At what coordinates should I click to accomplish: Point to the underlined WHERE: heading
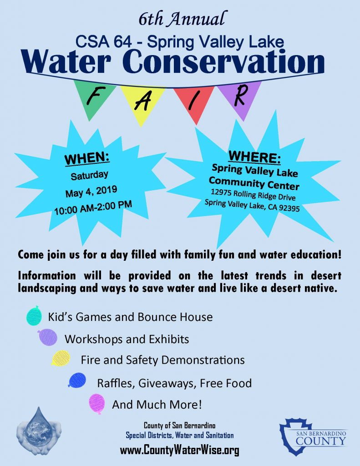point(254,157)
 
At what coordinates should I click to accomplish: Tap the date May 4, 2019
point(91,192)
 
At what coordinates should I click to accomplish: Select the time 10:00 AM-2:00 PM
point(93,208)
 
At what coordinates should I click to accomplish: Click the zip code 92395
point(289,208)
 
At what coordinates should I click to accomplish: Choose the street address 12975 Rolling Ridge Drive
point(254,194)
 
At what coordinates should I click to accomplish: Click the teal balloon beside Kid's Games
point(34,316)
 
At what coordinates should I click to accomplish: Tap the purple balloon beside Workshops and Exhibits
point(48,337)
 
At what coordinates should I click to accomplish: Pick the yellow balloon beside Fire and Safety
point(61,358)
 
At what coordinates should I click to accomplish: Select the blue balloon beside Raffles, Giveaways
point(77,380)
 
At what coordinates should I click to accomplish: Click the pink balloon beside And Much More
point(97,404)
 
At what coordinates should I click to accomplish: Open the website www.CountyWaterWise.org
point(180,450)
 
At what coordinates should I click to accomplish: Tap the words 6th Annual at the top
point(181,19)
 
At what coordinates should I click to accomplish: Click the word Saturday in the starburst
point(90,175)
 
